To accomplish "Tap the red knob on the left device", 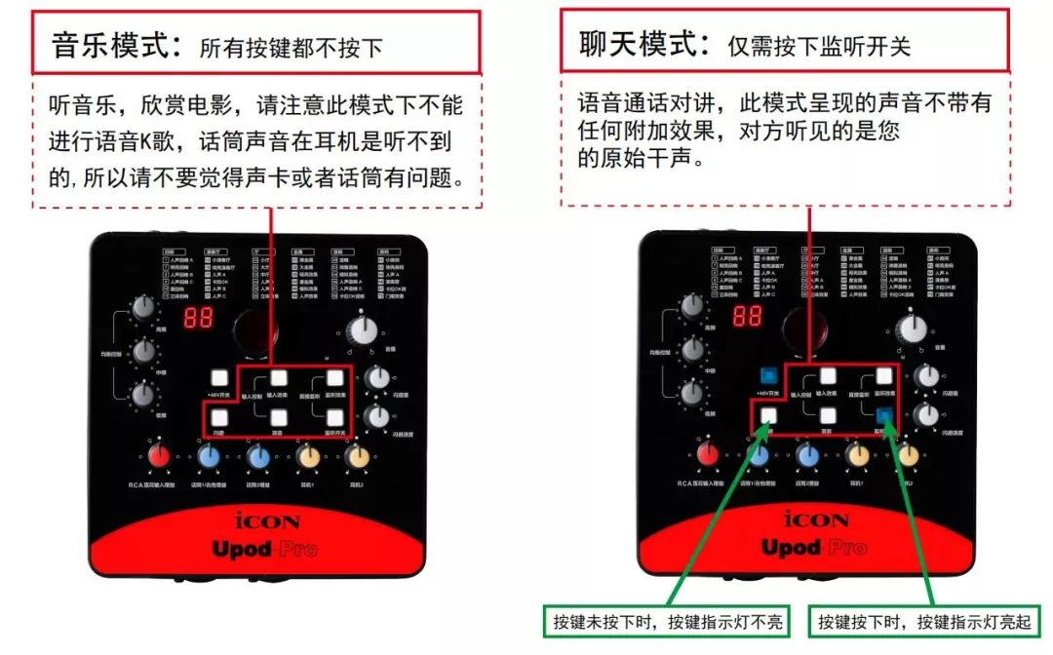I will coord(159,456).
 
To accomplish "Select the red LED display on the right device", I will coord(748,317).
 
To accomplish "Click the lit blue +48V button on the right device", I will coord(768,375).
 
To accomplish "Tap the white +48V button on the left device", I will coord(217,375).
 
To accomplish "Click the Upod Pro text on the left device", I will coord(265,549).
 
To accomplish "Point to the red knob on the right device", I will coord(709,455).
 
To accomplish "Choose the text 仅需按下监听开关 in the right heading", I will coord(819,46).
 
